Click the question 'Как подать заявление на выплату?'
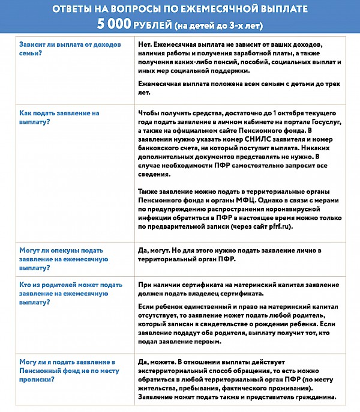59,117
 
